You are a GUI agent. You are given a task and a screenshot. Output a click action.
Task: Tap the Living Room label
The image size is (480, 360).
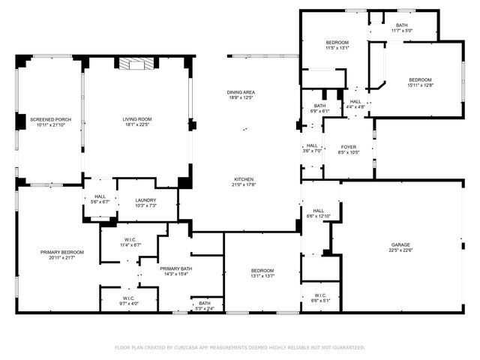pos(137,119)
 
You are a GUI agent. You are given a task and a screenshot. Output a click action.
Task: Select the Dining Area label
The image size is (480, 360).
pos(241,92)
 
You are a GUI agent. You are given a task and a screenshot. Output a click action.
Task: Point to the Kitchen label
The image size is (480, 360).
pos(244,179)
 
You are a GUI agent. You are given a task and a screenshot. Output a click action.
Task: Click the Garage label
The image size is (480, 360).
pos(400,245)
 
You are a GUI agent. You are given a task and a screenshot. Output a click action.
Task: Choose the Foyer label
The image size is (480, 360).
pos(349,147)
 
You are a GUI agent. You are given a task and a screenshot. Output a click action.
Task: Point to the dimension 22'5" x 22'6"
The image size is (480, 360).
pos(400,251)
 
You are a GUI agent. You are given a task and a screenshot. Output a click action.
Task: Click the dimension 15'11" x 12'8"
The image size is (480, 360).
pos(421,85)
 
